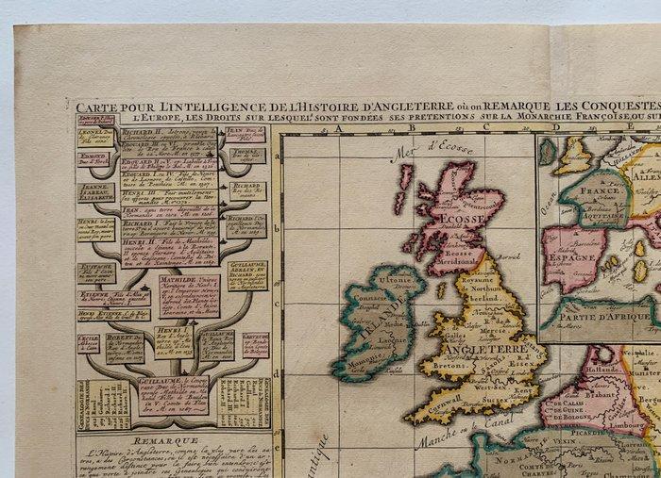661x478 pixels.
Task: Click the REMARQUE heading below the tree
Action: (165, 440)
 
